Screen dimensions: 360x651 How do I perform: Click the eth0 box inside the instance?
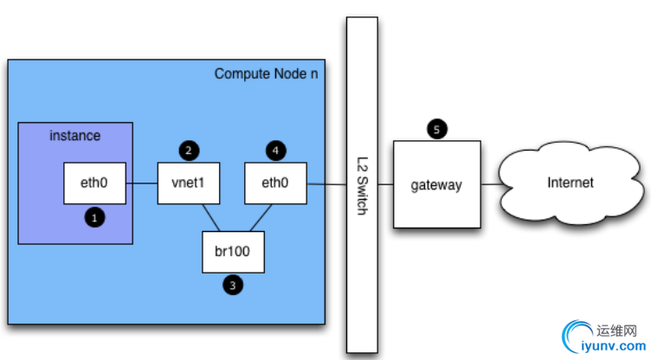[x=96, y=183]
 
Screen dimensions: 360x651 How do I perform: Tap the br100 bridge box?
[x=233, y=253]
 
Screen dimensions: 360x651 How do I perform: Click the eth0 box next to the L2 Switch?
[x=275, y=183]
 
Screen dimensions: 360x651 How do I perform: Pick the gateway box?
[x=436, y=184]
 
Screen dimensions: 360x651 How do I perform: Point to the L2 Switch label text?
[x=362, y=184]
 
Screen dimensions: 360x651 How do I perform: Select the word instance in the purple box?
[x=74, y=136]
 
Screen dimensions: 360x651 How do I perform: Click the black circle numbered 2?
[x=188, y=151]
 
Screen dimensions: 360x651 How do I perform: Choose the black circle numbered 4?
[x=275, y=151]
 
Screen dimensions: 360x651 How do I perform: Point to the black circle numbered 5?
[x=436, y=130]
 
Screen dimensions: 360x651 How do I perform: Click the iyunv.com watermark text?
[x=616, y=346]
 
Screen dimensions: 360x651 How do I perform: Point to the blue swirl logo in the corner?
[x=577, y=337]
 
